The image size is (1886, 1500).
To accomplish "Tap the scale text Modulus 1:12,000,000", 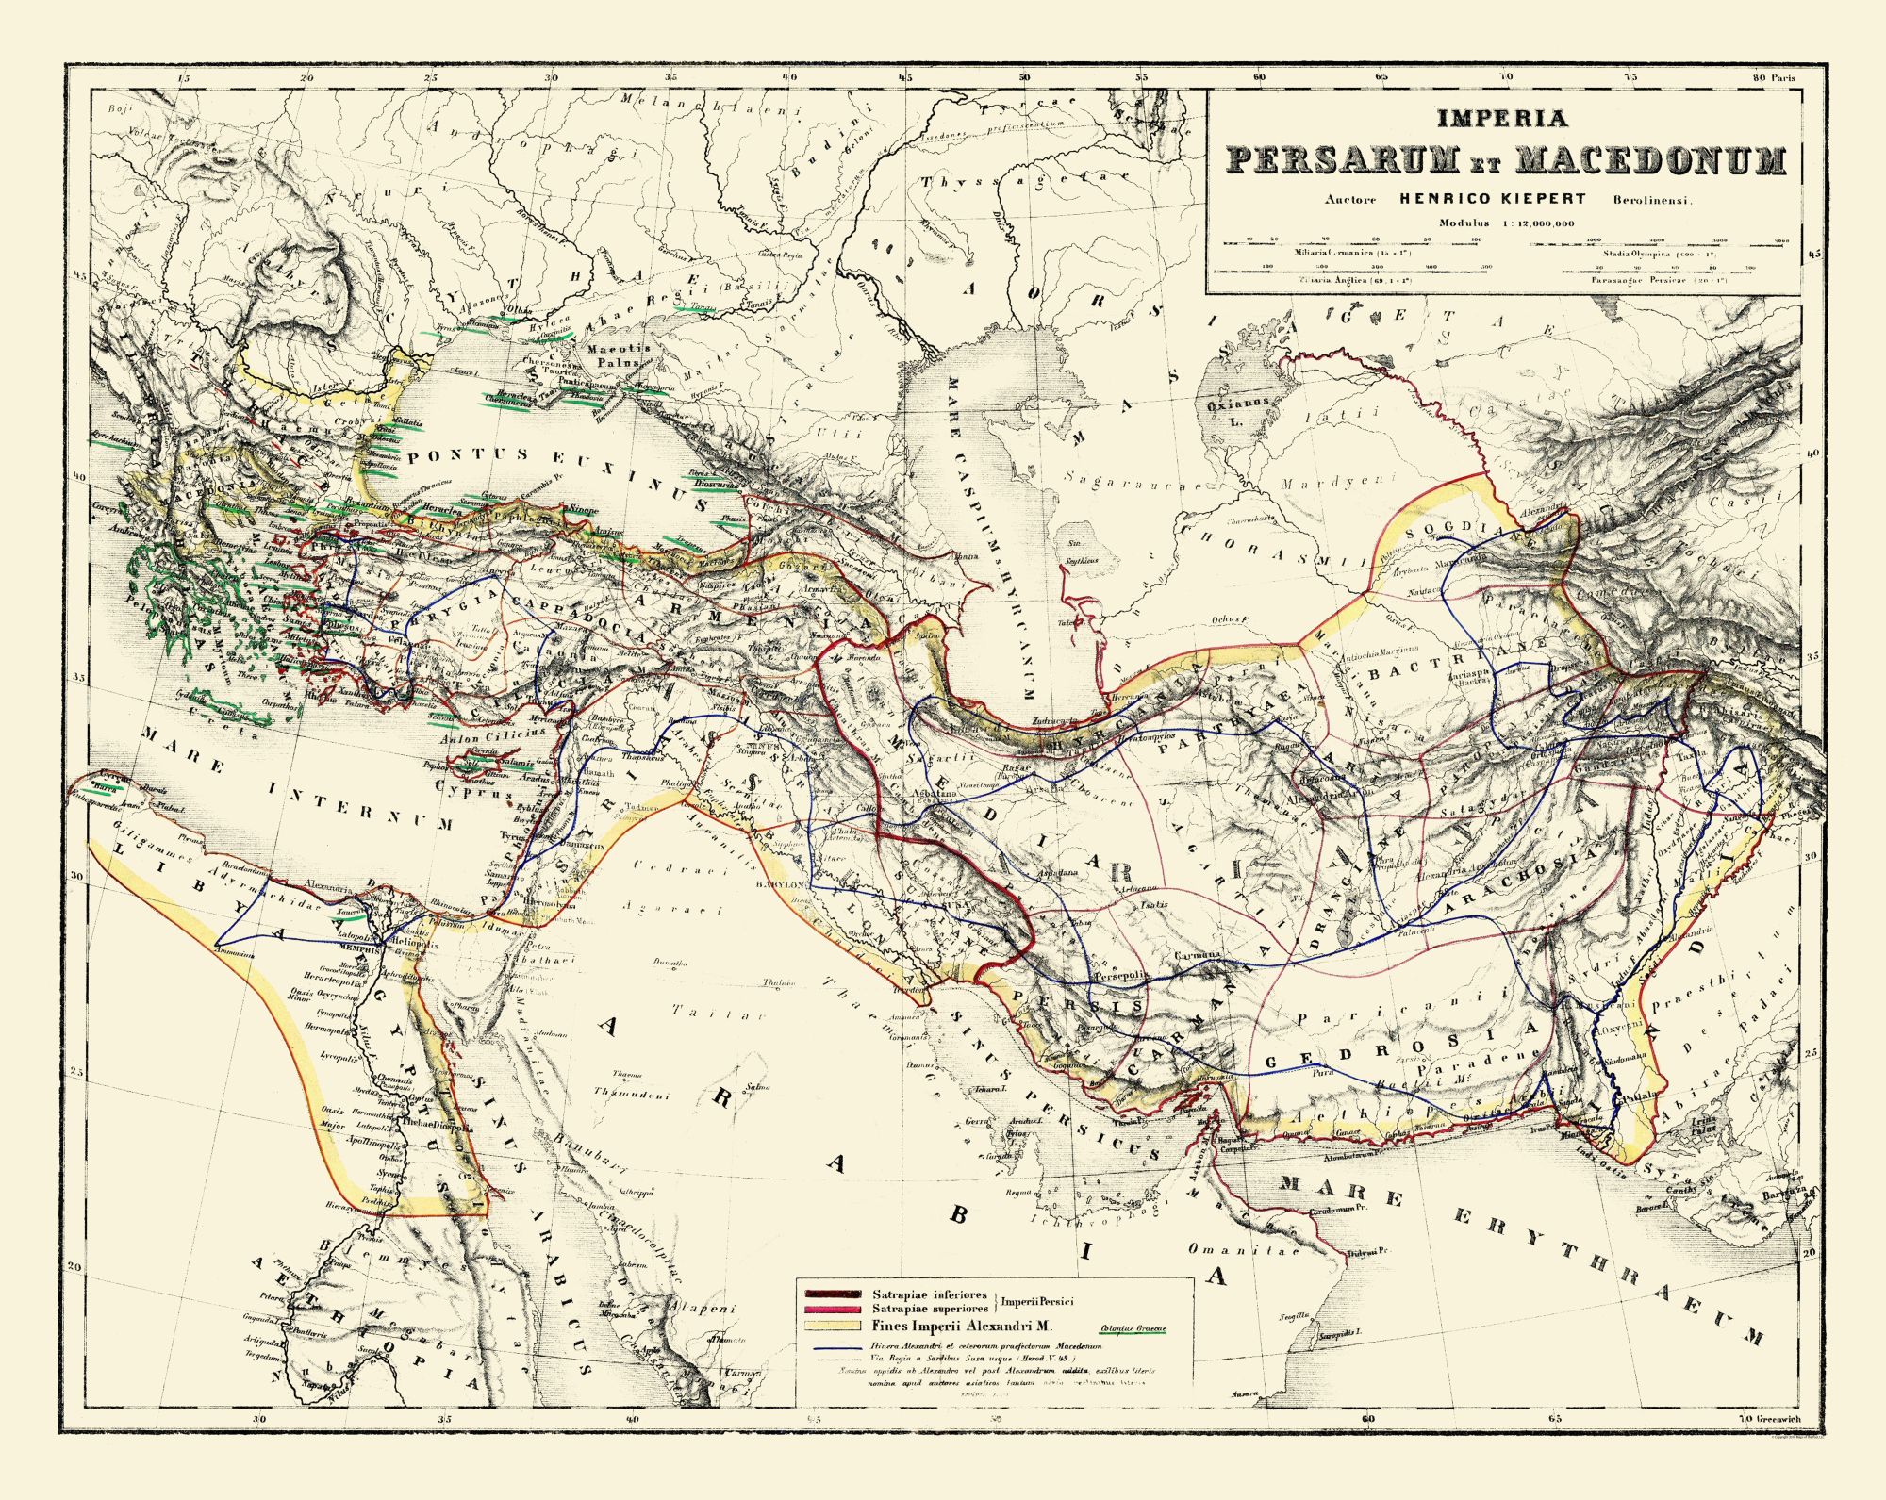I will (1506, 223).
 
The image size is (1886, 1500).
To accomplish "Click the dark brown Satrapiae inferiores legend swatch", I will (831, 1294).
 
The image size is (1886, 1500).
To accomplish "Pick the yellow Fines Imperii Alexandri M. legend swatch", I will (831, 1325).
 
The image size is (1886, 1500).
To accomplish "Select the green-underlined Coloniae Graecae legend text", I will (1132, 1329).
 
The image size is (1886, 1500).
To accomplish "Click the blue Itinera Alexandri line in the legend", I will (831, 1346).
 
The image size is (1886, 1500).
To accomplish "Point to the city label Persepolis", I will (1119, 978).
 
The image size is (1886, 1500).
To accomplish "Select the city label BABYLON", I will (778, 885).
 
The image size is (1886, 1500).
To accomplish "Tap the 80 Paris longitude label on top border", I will (1773, 78).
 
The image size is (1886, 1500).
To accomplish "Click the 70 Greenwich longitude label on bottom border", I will (1769, 1418).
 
